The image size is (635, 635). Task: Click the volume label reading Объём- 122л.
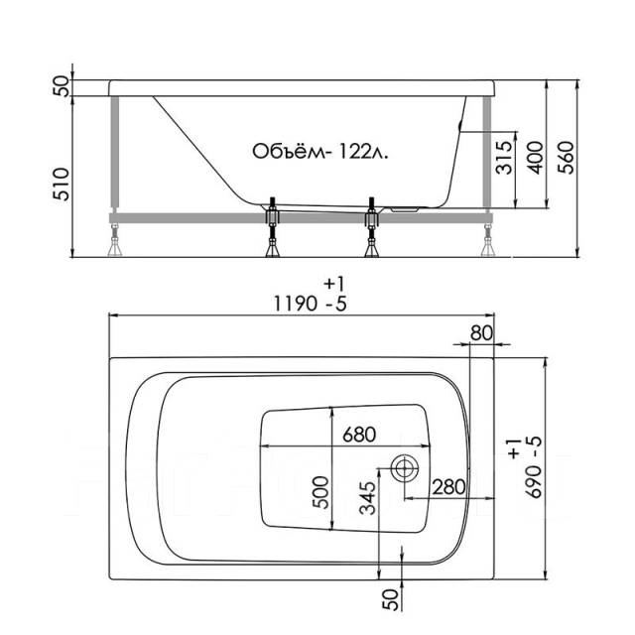[x=319, y=152]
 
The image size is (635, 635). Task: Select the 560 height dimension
[x=566, y=157]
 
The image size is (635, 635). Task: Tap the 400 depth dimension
[x=536, y=157]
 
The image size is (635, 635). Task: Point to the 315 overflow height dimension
[x=504, y=157]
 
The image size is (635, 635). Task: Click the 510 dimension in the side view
[x=62, y=185]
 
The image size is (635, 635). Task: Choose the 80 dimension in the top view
[x=481, y=333]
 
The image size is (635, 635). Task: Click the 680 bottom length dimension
[x=359, y=435]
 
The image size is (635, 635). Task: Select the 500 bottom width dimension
[x=320, y=492]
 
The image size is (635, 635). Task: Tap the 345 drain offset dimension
[x=368, y=498]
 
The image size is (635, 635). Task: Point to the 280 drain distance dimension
[x=448, y=487]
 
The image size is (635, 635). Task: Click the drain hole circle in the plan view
[x=405, y=468]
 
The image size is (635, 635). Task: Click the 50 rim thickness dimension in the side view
[x=62, y=86]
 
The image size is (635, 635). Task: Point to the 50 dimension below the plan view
[x=390, y=599]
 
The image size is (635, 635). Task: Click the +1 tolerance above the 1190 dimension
[x=334, y=284]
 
